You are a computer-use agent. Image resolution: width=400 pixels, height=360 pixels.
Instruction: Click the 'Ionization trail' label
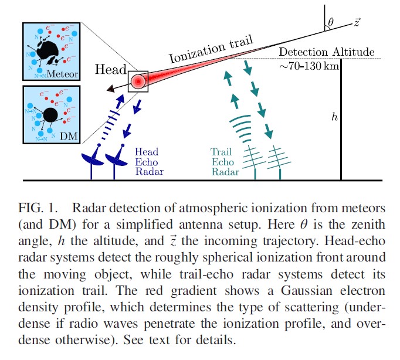click(211, 49)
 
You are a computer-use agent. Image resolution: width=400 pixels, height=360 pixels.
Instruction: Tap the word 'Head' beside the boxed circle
click(111, 69)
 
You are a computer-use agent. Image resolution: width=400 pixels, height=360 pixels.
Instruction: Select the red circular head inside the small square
click(138, 81)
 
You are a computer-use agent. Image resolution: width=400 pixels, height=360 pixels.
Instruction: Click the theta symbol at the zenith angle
click(331, 22)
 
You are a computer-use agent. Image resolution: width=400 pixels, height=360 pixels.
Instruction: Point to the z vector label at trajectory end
click(357, 22)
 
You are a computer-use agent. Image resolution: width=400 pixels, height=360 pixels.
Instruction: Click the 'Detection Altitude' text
click(327, 52)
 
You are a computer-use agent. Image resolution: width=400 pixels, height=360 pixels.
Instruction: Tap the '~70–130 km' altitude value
click(309, 66)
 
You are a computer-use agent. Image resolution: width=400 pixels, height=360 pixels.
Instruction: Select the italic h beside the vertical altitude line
click(334, 117)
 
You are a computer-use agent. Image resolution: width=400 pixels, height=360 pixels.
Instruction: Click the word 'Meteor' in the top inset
click(62, 74)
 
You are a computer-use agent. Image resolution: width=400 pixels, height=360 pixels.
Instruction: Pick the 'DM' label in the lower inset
click(69, 136)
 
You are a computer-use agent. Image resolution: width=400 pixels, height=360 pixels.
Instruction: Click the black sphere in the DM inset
click(50, 115)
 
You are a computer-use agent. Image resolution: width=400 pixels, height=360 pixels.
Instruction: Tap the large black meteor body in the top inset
click(48, 51)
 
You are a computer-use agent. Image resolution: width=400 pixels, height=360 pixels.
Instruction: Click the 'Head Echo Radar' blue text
click(149, 162)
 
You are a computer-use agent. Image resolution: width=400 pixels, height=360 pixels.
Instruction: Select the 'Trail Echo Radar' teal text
click(225, 162)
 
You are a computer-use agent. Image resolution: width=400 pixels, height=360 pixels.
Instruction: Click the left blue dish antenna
click(92, 160)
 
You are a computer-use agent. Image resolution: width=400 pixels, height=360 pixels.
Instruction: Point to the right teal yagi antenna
click(279, 162)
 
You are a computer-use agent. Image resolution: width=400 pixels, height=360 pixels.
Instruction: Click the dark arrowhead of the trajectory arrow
click(111, 89)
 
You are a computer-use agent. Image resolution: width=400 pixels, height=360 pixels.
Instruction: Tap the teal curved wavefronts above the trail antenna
click(241, 128)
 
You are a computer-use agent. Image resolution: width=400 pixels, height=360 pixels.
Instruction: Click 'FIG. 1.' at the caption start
click(38, 208)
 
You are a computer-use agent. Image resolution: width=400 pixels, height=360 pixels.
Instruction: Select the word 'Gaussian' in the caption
click(307, 291)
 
